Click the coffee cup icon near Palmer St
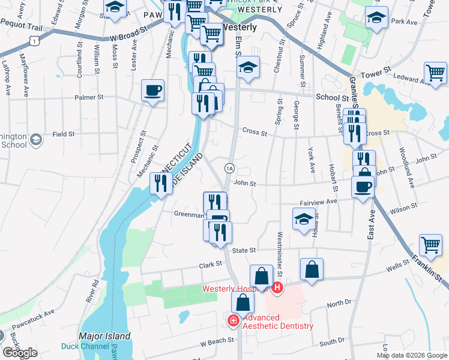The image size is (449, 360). [152, 91]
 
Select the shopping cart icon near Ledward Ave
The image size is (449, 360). [435, 73]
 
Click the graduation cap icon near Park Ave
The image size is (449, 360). [376, 17]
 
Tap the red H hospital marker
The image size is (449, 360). [277, 289]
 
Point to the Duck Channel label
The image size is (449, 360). [85, 346]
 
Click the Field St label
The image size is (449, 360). [63, 134]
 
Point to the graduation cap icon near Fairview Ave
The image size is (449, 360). [304, 219]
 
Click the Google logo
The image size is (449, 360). [20, 353]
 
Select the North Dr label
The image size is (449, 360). [339, 305]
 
